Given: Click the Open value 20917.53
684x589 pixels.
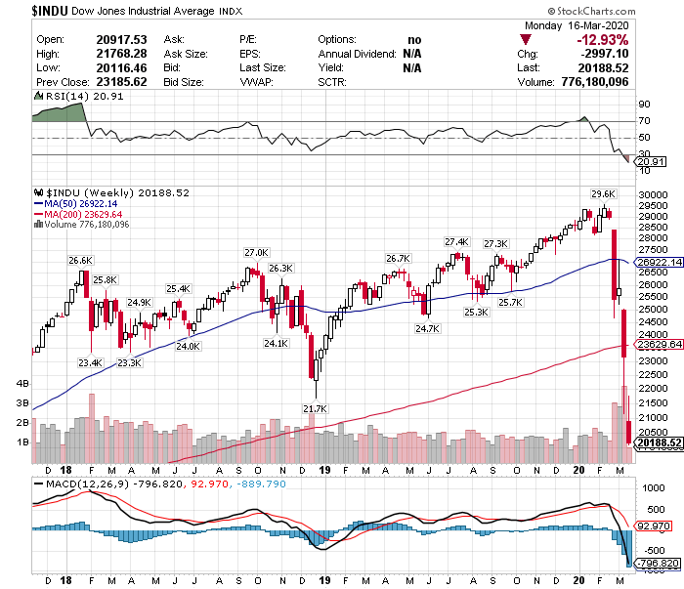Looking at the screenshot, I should point(120,39).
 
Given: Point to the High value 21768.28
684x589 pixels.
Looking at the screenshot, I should point(120,54).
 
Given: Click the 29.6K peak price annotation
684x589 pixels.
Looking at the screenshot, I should point(603,193).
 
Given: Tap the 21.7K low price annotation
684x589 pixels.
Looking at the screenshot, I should point(315,408).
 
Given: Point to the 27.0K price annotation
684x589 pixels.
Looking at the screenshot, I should point(255,252).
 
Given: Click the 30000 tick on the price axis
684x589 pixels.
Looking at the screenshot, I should point(653,195).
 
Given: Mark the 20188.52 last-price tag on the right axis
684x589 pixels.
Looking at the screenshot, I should point(656,442).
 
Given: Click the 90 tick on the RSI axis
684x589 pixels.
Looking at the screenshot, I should point(644,104).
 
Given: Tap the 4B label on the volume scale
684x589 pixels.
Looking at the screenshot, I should point(21,384).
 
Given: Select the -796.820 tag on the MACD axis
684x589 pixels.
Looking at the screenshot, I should point(656,564).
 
